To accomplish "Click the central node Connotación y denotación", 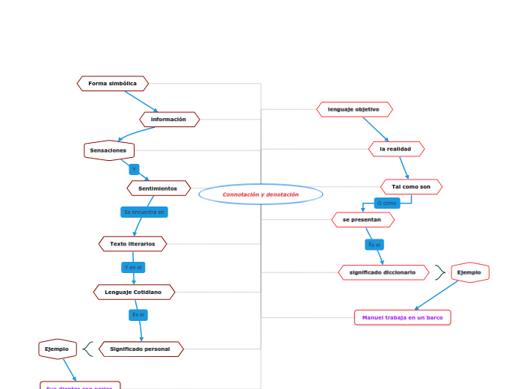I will click(x=261, y=194).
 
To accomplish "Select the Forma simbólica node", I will click(x=113, y=84).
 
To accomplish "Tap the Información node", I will click(x=169, y=120).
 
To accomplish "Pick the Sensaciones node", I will click(x=109, y=150).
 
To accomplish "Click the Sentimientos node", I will click(x=158, y=189).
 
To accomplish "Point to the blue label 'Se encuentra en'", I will click(x=144, y=212).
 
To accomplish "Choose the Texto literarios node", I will click(x=133, y=244).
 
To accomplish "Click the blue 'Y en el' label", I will click(x=133, y=267).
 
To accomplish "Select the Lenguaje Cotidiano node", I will click(x=134, y=292).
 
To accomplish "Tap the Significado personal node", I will click(x=141, y=349).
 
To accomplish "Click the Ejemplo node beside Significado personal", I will click(x=58, y=349).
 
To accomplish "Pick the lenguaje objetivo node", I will click(x=354, y=109).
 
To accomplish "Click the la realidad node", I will click(x=396, y=149).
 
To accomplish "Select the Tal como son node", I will click(x=411, y=186).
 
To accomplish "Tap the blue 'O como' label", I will click(x=386, y=203).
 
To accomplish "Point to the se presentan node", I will click(x=363, y=220).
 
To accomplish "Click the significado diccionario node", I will click(x=383, y=272).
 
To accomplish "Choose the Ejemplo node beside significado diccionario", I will click(x=469, y=272).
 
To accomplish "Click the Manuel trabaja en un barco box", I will click(x=403, y=317).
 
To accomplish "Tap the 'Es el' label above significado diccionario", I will click(x=374, y=245).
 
